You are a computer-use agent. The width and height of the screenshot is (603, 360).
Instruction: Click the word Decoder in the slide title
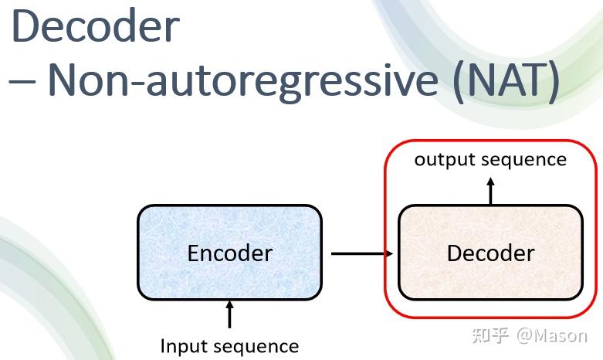(x=95, y=26)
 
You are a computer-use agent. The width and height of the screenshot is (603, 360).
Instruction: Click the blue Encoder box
(x=229, y=253)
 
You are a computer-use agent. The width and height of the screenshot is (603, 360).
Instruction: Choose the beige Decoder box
(x=490, y=253)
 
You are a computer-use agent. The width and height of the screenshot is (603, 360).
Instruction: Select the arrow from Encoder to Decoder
(x=361, y=253)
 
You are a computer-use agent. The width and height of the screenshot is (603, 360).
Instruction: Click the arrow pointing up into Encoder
(x=229, y=315)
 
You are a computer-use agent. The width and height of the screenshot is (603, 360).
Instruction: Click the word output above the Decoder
(x=443, y=160)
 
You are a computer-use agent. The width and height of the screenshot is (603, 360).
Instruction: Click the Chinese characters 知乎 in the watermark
(x=490, y=335)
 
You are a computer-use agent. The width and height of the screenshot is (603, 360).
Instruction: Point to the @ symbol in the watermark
(x=525, y=335)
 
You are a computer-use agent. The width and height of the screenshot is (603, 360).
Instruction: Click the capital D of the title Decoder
(x=27, y=26)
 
